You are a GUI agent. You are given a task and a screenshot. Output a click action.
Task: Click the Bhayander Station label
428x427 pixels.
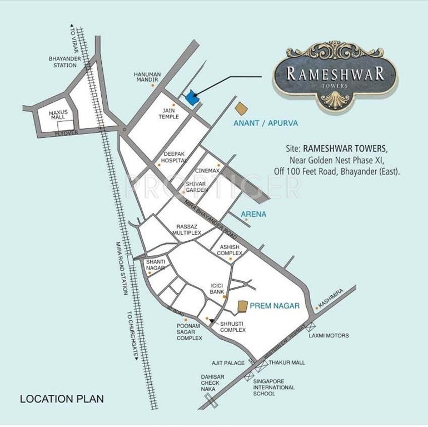[62, 62]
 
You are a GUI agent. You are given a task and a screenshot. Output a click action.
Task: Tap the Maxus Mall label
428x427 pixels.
[57, 115]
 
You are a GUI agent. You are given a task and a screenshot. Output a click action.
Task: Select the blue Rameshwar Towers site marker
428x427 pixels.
[191, 98]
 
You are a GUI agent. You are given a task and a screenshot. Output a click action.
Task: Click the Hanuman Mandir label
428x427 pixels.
[147, 77]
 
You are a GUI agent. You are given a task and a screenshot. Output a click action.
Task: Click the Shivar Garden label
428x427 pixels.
[196, 187]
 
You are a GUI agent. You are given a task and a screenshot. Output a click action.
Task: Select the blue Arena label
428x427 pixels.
[253, 213]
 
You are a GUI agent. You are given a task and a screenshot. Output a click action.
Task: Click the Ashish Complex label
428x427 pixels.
[229, 250]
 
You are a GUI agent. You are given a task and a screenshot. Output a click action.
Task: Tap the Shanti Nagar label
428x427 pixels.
[156, 265]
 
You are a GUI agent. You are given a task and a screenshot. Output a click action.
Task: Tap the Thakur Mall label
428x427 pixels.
[287, 363]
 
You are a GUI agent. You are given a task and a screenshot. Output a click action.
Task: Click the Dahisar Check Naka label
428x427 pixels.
[212, 383]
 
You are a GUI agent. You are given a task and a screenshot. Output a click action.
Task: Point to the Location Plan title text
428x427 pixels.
[62, 399]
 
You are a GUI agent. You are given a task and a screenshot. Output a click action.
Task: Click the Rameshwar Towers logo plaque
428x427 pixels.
[335, 75]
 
